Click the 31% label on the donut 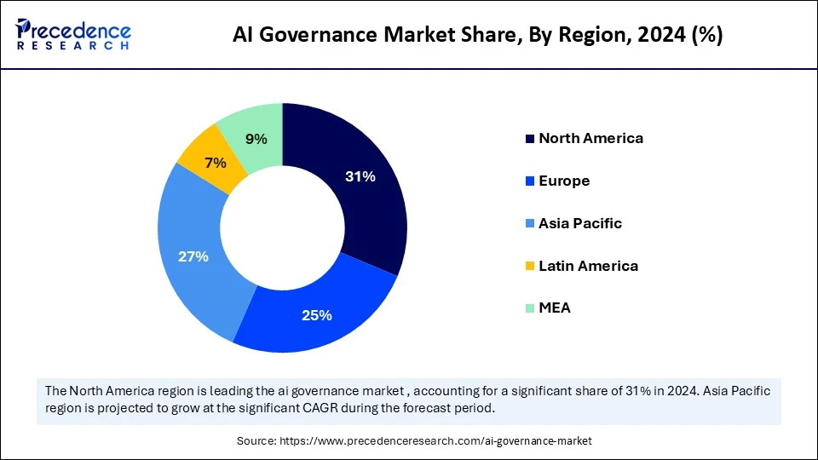360,177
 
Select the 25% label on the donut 316,315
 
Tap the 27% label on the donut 193,256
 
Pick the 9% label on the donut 256,139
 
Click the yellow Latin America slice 204,153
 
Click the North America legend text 590,138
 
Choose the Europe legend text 564,181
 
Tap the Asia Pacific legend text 580,223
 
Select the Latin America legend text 588,266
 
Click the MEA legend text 555,308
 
